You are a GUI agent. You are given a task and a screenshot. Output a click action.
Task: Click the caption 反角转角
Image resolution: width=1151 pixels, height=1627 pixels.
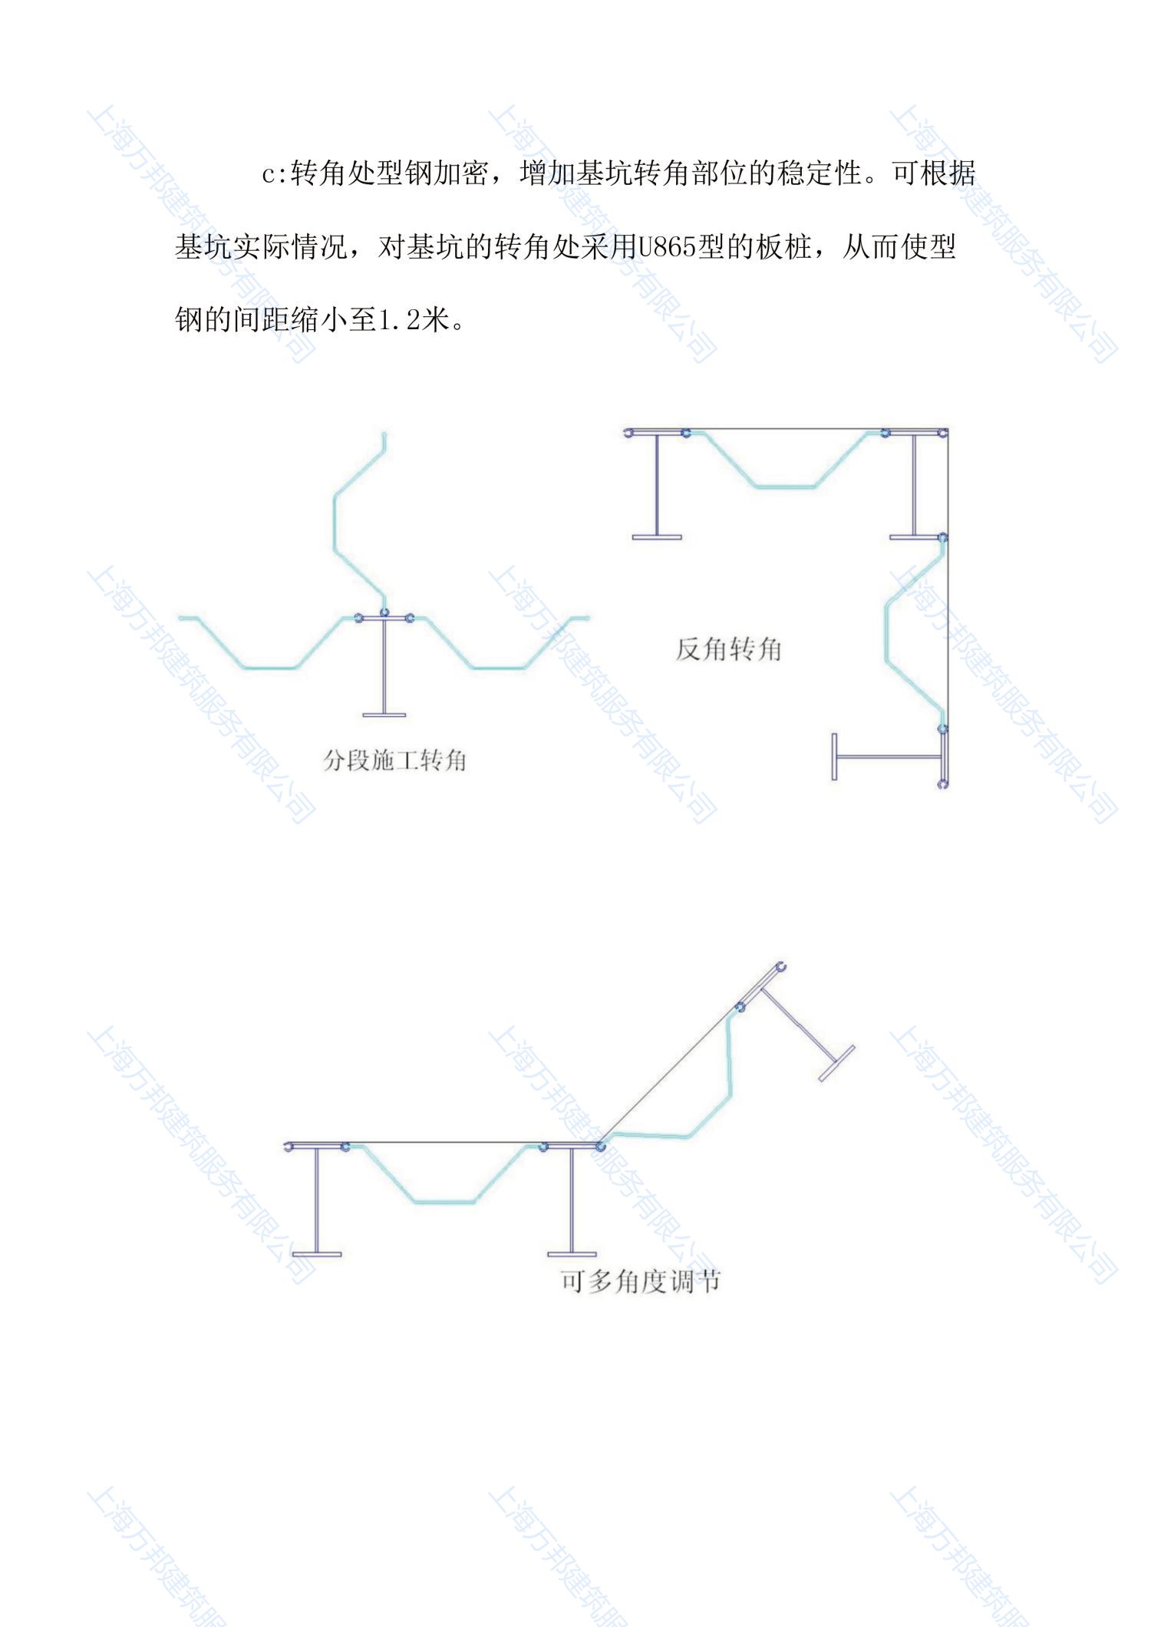(728, 649)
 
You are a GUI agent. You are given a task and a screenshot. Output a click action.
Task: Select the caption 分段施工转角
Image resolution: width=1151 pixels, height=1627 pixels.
(394, 761)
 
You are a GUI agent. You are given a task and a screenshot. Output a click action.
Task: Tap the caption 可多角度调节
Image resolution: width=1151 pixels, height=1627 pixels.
(640, 1281)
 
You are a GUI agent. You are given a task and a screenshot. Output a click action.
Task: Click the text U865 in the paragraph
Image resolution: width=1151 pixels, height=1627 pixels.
(667, 247)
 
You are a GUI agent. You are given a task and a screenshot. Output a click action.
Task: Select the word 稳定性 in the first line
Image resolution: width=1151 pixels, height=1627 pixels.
(820, 173)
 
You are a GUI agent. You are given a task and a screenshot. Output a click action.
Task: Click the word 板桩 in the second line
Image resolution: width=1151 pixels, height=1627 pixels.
(783, 247)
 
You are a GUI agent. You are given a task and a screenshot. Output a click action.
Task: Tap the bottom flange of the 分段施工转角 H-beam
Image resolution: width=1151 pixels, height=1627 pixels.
(384, 715)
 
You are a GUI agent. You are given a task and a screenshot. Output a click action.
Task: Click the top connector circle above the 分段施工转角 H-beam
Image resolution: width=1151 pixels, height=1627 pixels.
(384, 612)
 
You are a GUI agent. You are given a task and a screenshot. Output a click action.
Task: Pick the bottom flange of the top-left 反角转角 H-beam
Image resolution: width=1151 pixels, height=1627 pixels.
(657, 537)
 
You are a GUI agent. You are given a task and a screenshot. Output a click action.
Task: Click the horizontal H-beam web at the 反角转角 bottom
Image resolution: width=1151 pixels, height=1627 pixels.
(889, 757)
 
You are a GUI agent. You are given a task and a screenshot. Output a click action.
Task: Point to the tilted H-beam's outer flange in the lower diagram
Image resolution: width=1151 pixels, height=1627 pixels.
(836, 1064)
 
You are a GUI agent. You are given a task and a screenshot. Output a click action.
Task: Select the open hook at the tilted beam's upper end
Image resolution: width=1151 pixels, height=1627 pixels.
(781, 966)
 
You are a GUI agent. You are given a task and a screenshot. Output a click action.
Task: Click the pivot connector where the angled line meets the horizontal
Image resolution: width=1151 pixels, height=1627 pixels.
(600, 1147)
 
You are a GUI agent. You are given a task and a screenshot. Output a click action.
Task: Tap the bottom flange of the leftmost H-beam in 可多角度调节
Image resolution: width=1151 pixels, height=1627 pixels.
(317, 1254)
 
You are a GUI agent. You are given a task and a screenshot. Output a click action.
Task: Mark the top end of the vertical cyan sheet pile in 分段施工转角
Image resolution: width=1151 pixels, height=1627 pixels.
(384, 435)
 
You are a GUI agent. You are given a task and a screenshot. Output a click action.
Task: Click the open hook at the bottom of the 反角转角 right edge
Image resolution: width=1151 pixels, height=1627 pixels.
(943, 784)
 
